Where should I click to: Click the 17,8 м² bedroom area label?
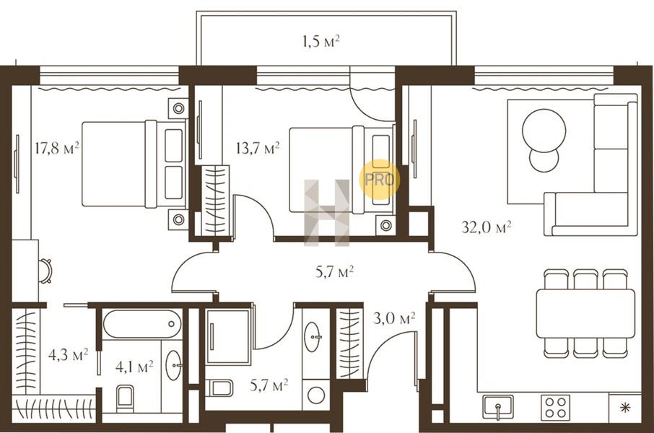[x=57, y=148]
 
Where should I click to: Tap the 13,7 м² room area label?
[x=258, y=148]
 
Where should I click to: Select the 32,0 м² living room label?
[x=487, y=227]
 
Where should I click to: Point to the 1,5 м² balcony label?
[x=321, y=41]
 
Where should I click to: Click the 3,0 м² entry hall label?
[x=394, y=319]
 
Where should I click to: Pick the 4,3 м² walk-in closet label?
[x=68, y=355]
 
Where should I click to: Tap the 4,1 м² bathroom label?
[x=134, y=367]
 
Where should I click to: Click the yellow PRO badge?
[x=380, y=180]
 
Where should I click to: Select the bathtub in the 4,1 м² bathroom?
[x=141, y=324]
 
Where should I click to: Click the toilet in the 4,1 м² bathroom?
[x=125, y=398]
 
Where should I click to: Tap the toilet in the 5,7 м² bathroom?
[x=219, y=388]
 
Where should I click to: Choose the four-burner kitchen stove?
[x=556, y=407]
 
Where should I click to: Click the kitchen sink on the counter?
[x=498, y=407]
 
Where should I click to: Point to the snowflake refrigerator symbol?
[x=625, y=408]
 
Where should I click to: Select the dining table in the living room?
[x=585, y=313]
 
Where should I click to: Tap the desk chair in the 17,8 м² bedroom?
[x=45, y=271]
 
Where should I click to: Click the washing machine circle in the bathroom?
[x=316, y=395]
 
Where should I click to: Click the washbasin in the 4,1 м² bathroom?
[x=173, y=365]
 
